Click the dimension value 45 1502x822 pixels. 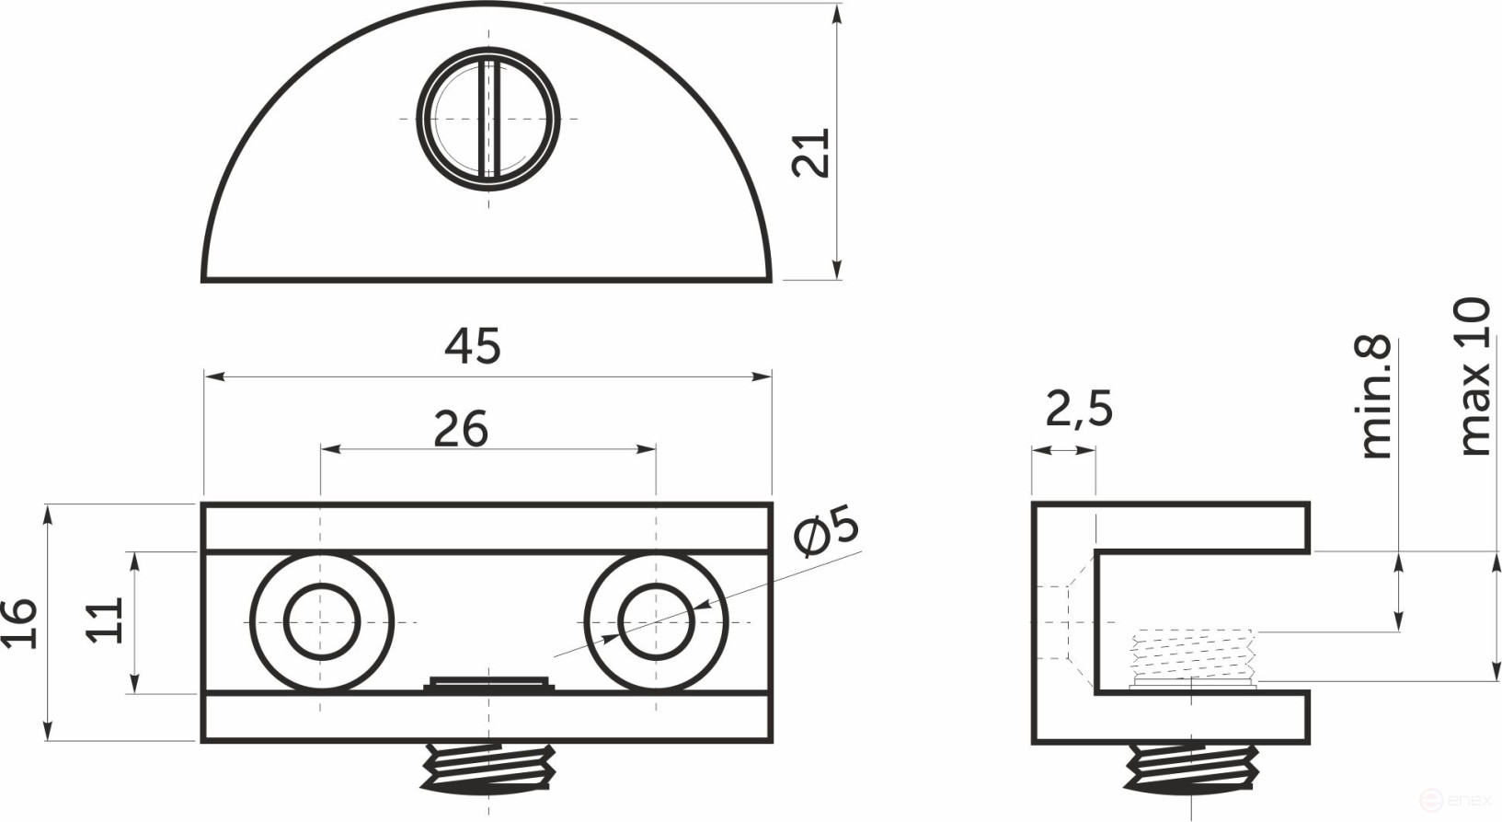(473, 346)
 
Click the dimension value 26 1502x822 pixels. (460, 429)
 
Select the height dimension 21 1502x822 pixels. (811, 152)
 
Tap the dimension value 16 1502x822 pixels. (20, 623)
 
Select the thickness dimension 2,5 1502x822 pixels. (1078, 410)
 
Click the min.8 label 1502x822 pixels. (1376, 398)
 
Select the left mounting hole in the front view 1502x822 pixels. (321, 622)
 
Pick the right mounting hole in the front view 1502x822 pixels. (656, 622)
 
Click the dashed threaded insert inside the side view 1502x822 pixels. (1193, 654)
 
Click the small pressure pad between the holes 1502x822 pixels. (488, 683)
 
